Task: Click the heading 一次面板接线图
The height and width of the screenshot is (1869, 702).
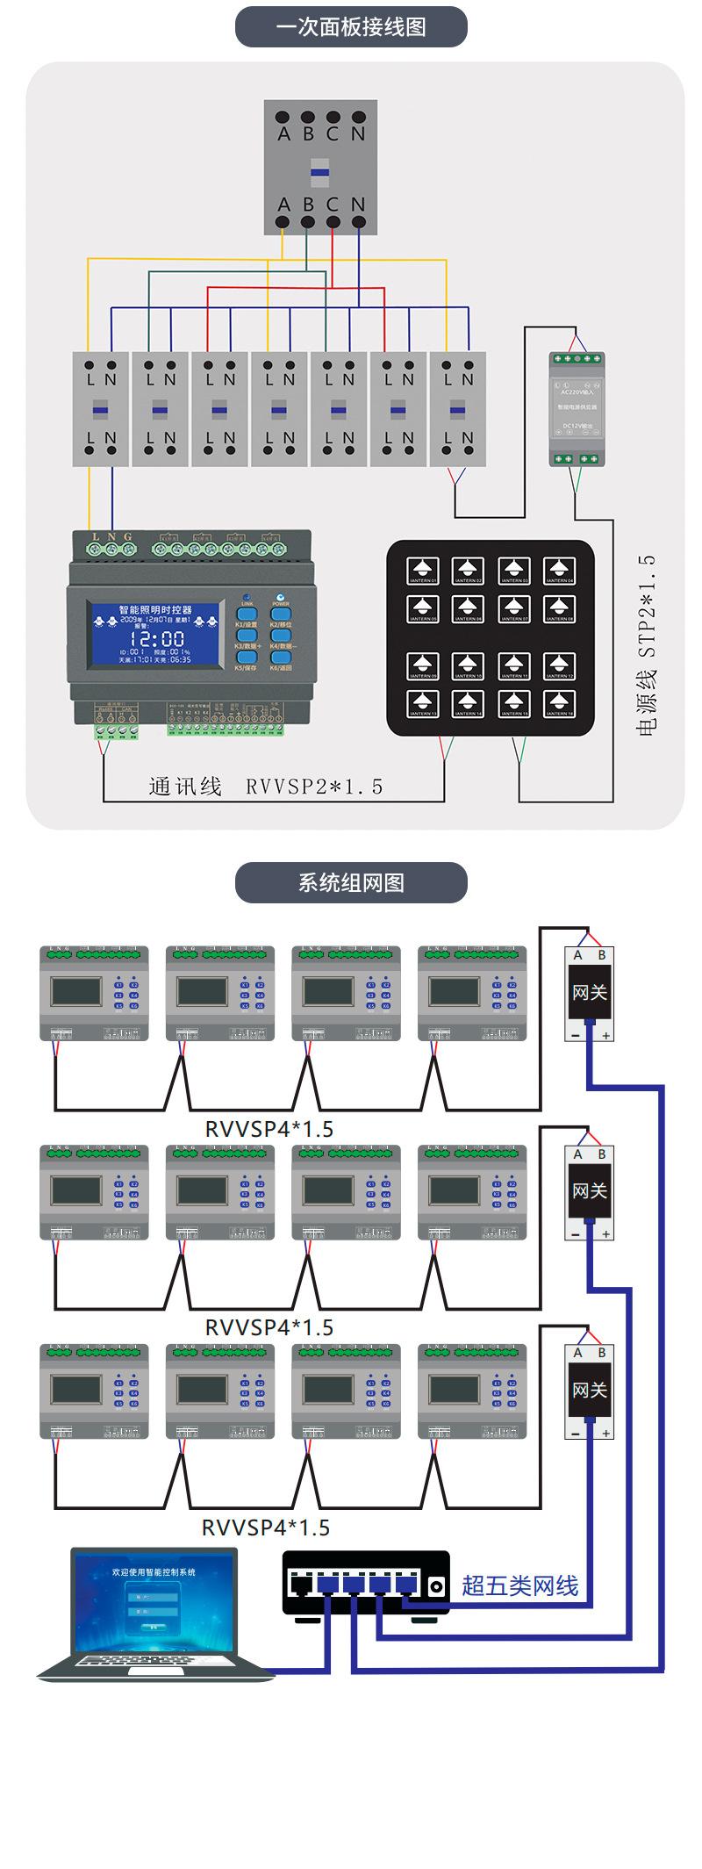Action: pos(351,27)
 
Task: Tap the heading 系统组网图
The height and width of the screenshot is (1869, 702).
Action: pos(351,882)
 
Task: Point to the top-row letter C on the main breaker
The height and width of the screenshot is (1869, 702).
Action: pos(333,133)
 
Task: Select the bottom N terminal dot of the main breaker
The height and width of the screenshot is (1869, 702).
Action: pos(358,223)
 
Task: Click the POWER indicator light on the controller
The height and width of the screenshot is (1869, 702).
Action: pos(281,595)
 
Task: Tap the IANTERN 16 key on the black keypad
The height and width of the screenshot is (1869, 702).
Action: pos(559,703)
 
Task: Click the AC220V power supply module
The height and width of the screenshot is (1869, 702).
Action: pos(577,408)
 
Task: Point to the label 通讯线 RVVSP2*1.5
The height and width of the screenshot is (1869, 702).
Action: pos(266,787)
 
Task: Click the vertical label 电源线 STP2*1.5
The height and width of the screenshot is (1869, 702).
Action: pos(647,645)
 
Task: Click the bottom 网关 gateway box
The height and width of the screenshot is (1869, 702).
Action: pos(589,1391)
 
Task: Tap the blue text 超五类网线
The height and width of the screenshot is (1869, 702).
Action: pos(519,1585)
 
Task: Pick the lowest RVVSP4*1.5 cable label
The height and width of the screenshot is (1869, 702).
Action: pos(266,1528)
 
